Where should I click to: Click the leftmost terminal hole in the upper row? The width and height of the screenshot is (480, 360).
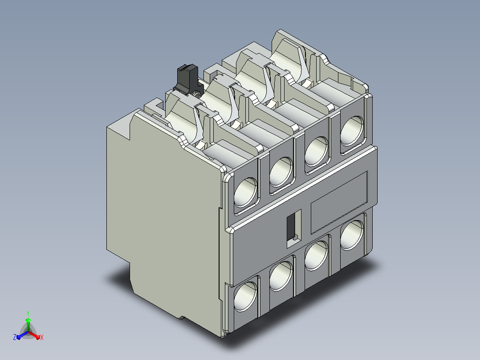tap(245, 192)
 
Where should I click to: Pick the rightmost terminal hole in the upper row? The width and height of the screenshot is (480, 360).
tap(352, 131)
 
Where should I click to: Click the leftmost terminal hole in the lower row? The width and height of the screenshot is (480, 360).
tap(245, 297)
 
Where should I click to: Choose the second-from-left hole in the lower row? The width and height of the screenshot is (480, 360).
tap(281, 276)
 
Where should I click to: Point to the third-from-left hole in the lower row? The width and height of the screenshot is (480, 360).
tap(317, 256)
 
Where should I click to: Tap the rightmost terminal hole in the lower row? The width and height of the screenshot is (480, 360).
tap(352, 235)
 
